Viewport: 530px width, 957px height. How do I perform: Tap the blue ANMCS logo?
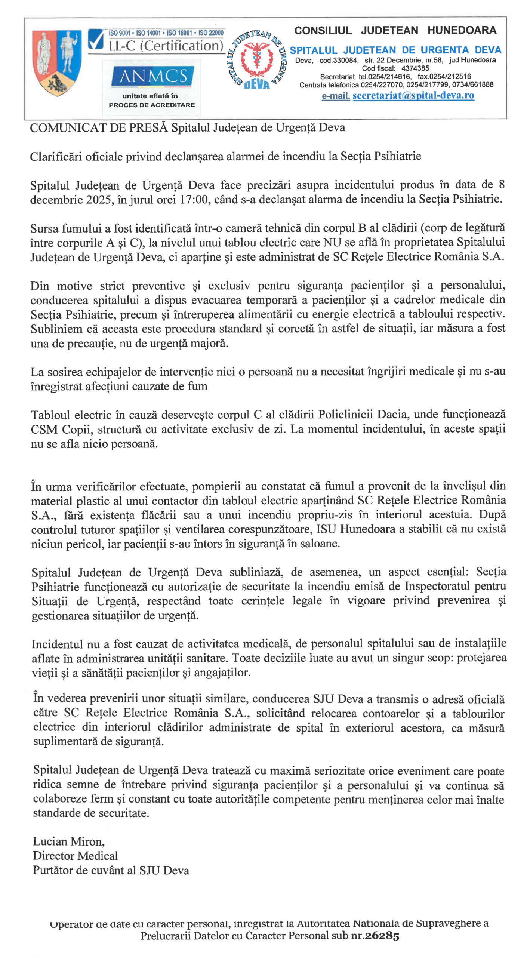[153, 76]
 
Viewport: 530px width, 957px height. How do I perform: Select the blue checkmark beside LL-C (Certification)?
[96, 40]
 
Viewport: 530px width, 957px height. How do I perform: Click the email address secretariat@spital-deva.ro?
[413, 96]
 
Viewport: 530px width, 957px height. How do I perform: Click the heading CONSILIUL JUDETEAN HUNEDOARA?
[395, 30]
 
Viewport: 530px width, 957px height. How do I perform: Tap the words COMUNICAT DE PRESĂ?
[99, 128]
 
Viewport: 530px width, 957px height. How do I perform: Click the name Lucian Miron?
[68, 841]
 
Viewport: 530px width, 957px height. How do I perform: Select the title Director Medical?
[75, 856]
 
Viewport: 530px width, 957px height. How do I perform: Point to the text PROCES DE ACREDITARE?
[152, 105]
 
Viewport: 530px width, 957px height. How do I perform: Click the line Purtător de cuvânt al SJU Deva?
[111, 870]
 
